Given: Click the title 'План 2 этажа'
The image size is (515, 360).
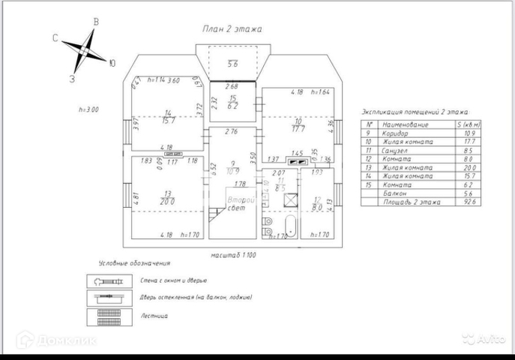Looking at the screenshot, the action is [232, 29].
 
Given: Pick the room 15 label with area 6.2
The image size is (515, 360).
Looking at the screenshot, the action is [233, 103].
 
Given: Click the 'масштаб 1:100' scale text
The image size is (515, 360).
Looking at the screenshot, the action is [233, 255].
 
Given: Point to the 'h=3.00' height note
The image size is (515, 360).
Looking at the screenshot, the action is [88, 109].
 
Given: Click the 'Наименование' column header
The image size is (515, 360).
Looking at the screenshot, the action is [405, 124].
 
